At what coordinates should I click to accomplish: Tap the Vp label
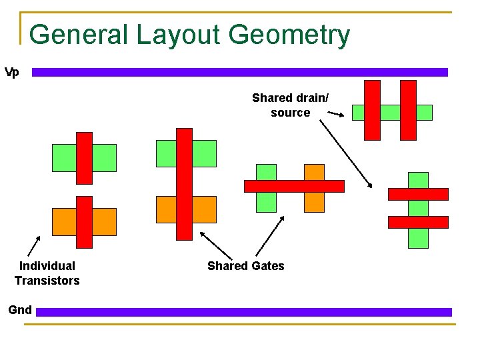pos(12,72)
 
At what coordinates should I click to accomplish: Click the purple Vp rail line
pos(240,72)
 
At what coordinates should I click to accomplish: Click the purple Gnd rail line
pos(244,311)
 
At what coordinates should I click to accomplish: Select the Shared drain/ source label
pos(290,105)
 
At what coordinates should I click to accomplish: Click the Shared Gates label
pos(245,266)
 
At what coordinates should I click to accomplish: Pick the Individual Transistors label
pos(47,273)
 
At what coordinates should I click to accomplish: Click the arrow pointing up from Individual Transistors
pos(34,245)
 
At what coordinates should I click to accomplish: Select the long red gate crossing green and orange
pos(184,184)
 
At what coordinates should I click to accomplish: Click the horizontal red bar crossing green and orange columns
pos(294,186)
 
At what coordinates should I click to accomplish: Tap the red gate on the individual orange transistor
pos(84,221)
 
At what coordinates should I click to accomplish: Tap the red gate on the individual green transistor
pos(84,158)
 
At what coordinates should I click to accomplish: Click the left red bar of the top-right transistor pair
pos(373,110)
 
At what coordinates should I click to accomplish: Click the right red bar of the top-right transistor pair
pos(408,110)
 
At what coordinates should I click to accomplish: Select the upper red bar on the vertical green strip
pos(418,194)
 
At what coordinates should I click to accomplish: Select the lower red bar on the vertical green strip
pos(418,222)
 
